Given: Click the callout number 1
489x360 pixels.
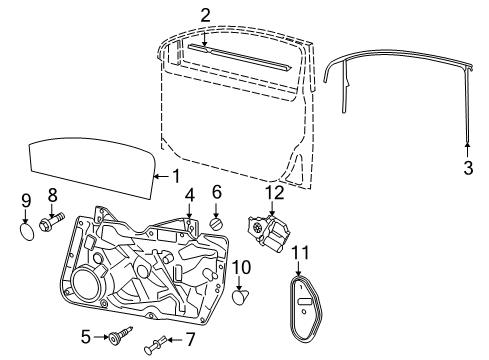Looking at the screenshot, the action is point(176,176).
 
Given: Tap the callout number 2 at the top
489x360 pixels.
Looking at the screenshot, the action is point(205,16).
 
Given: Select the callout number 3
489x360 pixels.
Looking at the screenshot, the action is point(468,168).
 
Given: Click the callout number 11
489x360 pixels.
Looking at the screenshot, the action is point(300,252).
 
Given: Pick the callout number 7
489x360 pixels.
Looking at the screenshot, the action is point(190,339).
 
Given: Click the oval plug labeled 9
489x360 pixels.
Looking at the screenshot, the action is point(26,231).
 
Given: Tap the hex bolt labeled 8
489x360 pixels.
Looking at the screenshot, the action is point(52,221).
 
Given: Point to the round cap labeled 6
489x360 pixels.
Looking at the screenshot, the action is point(216,223).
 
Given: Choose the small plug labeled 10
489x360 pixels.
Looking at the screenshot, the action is point(241,297).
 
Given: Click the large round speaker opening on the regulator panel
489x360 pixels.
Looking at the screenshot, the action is point(86,283).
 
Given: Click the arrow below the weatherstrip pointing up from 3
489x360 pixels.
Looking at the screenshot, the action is point(467,150).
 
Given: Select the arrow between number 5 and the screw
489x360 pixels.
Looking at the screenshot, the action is point(100,337).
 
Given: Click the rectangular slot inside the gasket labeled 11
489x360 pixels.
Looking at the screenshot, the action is point(305,302).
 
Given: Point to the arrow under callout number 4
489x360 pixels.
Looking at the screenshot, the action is point(189,210).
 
